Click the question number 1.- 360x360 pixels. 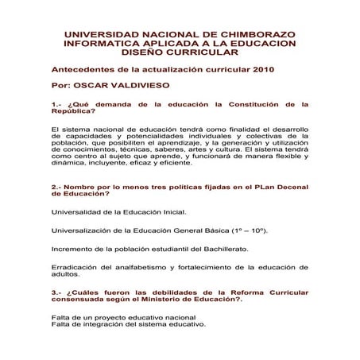tap(56, 103)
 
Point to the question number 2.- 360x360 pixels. tap(56, 187)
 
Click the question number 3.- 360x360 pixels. tap(56, 292)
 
